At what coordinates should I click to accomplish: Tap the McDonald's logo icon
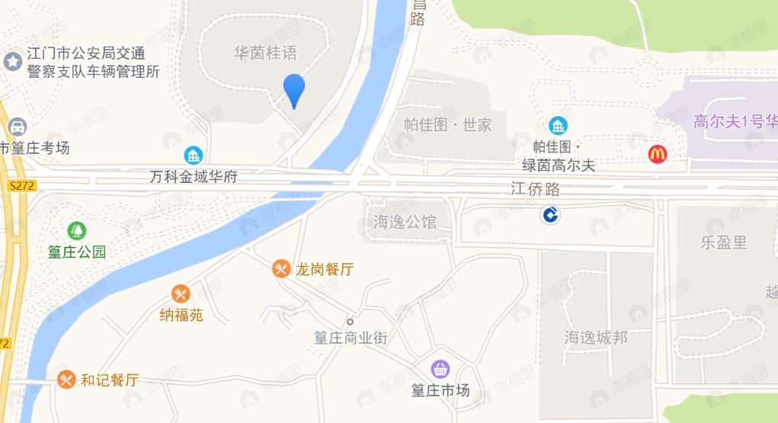[658, 154]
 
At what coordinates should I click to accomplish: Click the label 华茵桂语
[264, 53]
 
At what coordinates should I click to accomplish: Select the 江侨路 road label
[535, 189]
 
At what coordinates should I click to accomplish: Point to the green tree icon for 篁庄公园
[76, 230]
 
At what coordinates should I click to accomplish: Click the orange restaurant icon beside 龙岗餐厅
[282, 268]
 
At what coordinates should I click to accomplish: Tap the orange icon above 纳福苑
[181, 293]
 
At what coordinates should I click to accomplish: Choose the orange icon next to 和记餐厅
[67, 379]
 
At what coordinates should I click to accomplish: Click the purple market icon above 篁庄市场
[440, 370]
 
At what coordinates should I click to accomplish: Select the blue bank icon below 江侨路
[550, 216]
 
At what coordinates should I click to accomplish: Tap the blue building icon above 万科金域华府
[194, 155]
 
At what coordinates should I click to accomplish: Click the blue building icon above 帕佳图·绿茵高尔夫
[558, 125]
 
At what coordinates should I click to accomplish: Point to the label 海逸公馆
[405, 222]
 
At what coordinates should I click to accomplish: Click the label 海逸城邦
[596, 336]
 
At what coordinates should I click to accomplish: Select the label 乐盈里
[724, 242]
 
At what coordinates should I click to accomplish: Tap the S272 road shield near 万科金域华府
[24, 185]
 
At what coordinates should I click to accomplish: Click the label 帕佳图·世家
[448, 124]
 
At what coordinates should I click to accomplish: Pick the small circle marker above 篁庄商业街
[351, 321]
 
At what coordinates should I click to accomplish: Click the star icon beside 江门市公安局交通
[13, 62]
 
